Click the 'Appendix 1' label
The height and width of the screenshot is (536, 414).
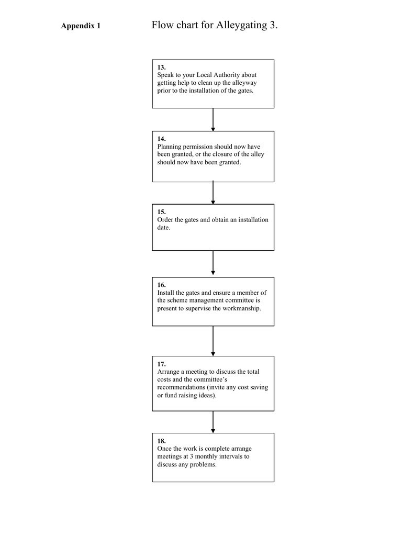81,26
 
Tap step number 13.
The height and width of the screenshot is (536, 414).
161,68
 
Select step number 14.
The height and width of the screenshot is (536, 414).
161,139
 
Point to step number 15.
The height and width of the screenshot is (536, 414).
161,212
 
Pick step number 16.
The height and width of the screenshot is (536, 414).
161,285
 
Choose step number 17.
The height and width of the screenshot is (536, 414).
161,364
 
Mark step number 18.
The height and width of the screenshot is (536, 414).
161,441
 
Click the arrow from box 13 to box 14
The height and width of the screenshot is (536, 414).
213,120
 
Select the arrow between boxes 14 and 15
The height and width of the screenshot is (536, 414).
213,193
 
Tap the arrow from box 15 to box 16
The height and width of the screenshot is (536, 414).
213,263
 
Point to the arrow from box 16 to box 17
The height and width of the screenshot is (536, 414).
213,341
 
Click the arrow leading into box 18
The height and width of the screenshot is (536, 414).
213,422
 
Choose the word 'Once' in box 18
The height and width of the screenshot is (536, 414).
164,449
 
